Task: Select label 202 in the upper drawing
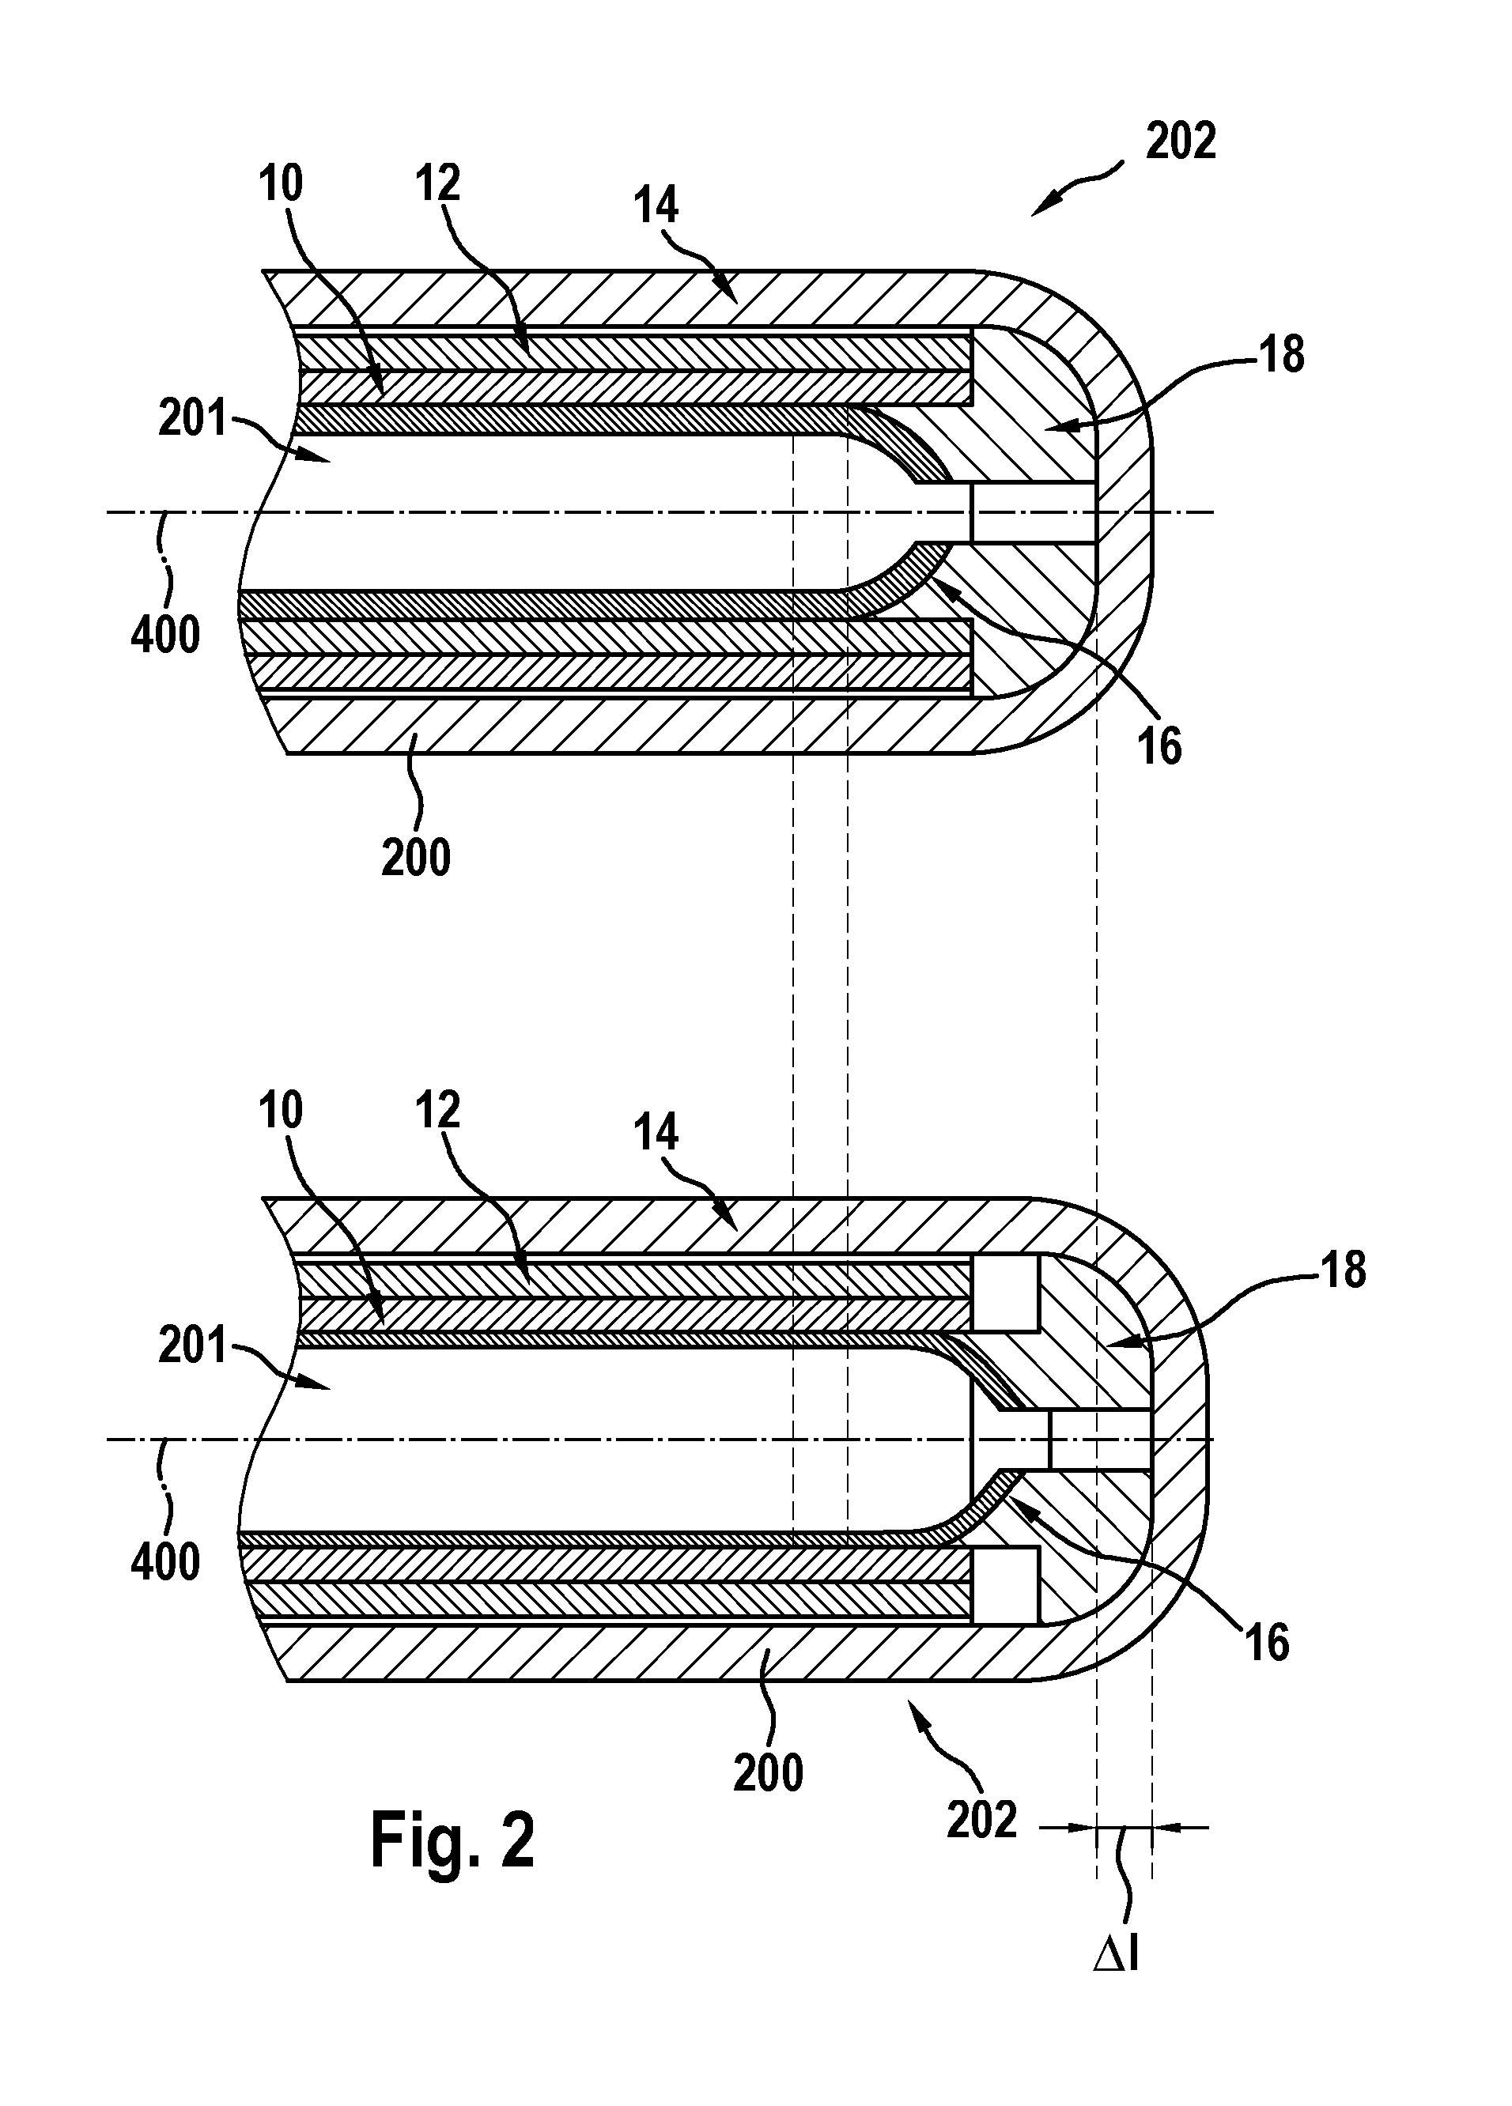[1181, 142]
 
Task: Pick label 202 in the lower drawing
[981, 1820]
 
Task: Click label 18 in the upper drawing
[1282, 355]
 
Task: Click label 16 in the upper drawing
[1160, 745]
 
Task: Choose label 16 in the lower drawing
[1267, 1643]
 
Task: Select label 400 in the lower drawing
[165, 1562]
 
